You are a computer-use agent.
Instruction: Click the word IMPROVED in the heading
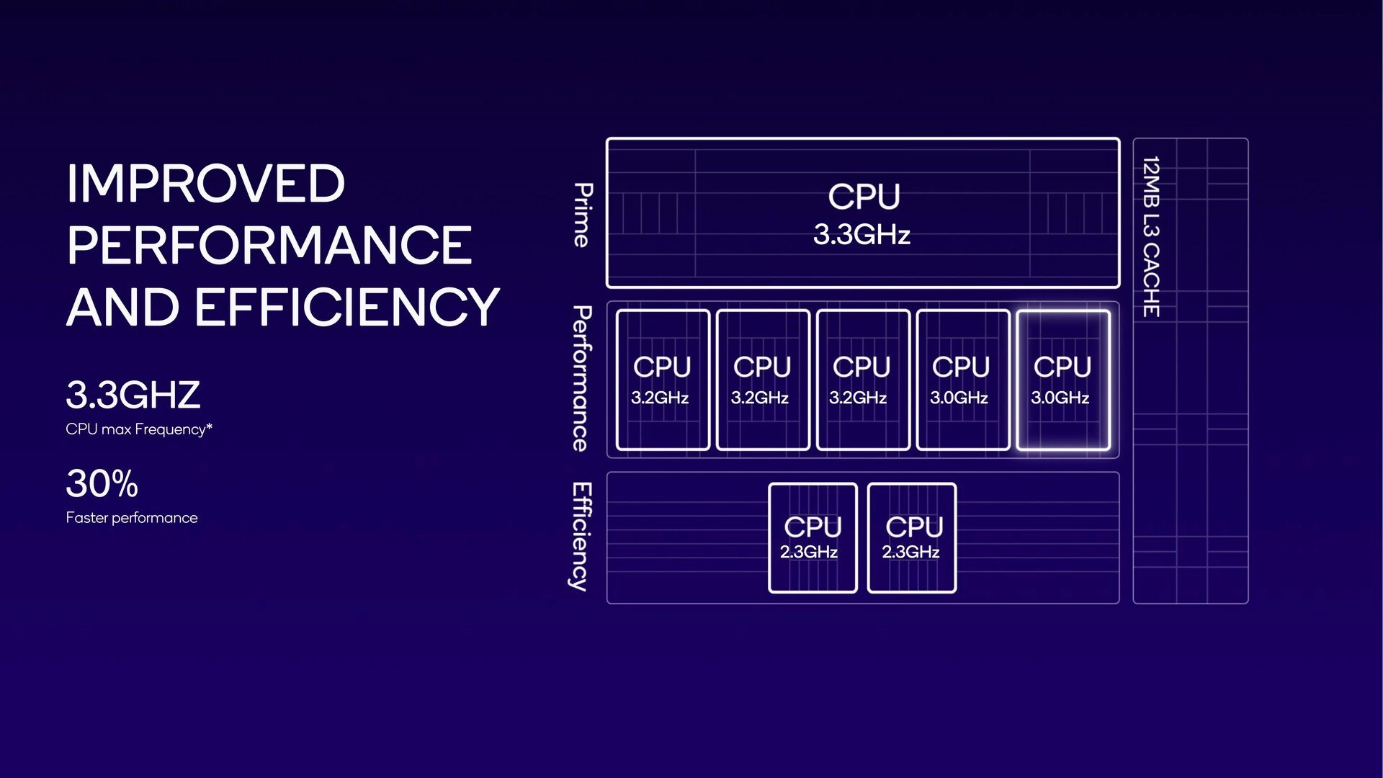coord(205,184)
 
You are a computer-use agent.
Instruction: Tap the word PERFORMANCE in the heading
coord(269,246)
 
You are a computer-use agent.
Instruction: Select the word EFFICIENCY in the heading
coord(346,308)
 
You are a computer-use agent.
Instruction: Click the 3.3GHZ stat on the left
coord(133,395)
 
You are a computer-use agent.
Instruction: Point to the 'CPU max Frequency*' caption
coord(138,429)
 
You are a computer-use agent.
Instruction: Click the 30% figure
coord(102,483)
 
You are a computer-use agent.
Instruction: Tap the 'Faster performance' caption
coord(131,518)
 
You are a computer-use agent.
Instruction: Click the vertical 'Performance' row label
coord(581,378)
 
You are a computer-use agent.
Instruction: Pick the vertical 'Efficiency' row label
coord(581,537)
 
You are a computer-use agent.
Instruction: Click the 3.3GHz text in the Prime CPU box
coord(861,235)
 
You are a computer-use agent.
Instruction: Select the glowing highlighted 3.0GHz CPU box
coord(1062,380)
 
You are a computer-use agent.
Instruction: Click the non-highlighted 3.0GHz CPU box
coord(962,380)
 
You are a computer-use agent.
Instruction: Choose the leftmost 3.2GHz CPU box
coord(663,380)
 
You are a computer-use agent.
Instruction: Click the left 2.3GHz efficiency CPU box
coord(813,537)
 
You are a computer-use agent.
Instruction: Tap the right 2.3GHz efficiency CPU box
coord(912,537)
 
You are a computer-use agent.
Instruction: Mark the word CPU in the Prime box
coord(864,197)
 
